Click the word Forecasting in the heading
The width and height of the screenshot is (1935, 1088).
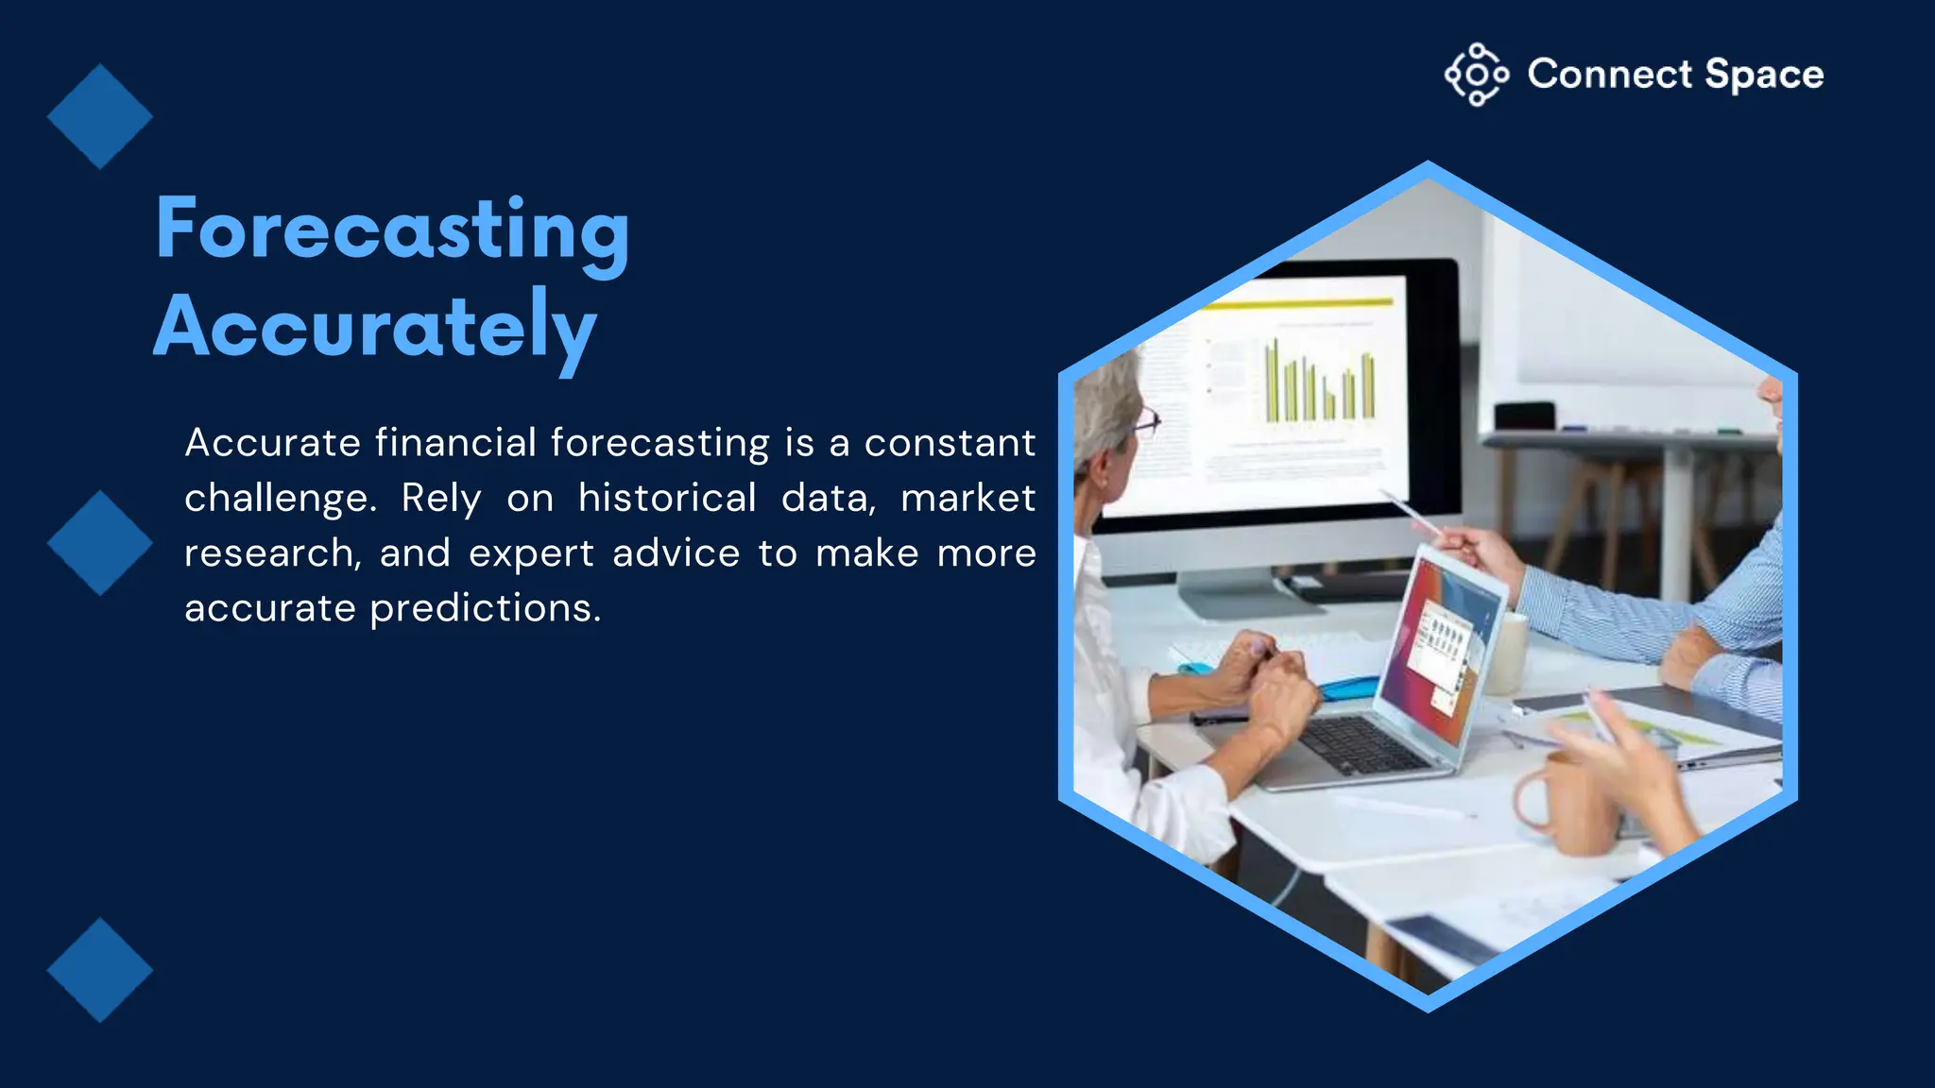click(x=392, y=229)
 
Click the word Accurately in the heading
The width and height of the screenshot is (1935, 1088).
click(x=374, y=327)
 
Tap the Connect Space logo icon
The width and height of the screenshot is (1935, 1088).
click(x=1476, y=75)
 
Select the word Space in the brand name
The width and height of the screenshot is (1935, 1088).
click(x=1763, y=75)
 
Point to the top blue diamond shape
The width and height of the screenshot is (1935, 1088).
click(x=99, y=117)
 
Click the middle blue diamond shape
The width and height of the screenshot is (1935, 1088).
click(x=99, y=543)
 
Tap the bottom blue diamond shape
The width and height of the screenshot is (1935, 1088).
click(x=99, y=970)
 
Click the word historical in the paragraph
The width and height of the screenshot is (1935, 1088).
click(x=667, y=498)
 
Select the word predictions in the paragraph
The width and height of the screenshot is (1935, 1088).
click(x=485, y=608)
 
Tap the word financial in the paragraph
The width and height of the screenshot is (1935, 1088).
click(x=455, y=443)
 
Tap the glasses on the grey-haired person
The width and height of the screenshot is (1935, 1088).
click(x=1146, y=421)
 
